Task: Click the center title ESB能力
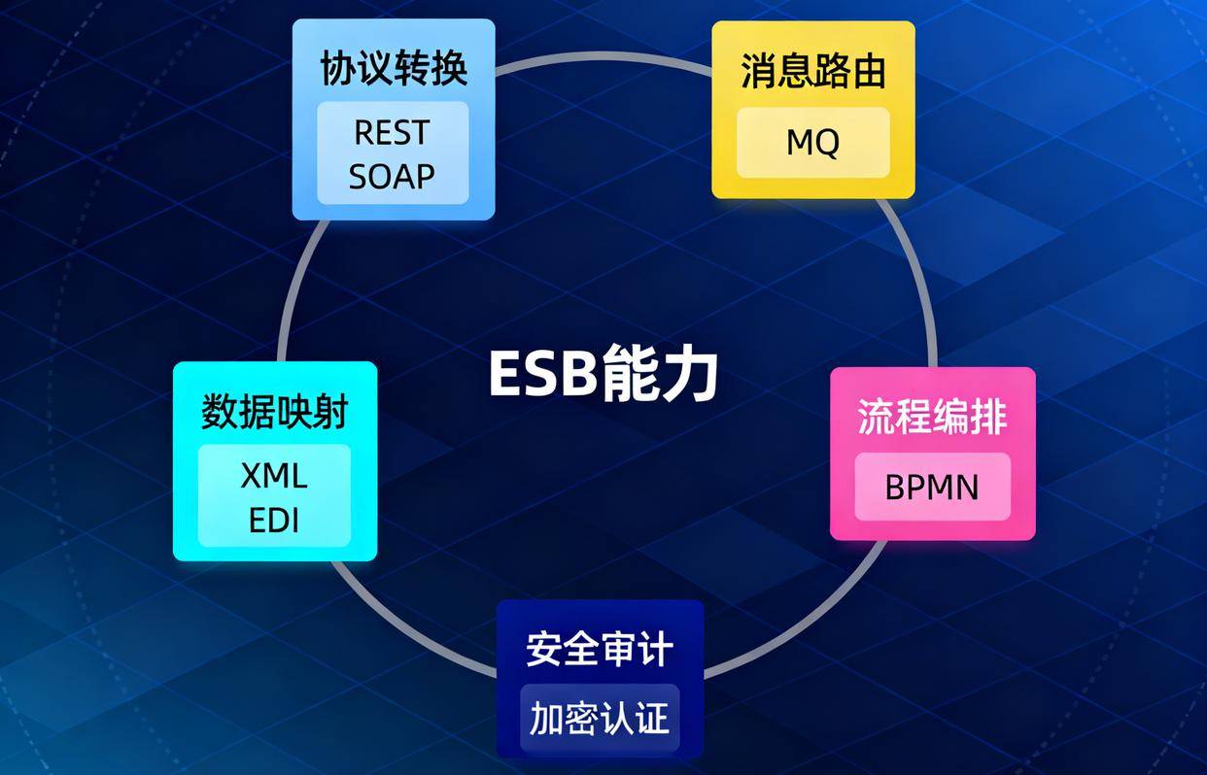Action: coord(603,374)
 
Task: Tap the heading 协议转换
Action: coord(394,69)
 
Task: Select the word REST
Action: coord(392,132)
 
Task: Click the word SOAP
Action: coord(392,177)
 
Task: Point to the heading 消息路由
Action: coord(812,72)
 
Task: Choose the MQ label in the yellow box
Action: coord(812,143)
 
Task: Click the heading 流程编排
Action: coord(932,417)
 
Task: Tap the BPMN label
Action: coord(932,487)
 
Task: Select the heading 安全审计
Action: coord(600,649)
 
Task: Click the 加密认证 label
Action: coord(600,719)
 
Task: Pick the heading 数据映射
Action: coord(274,413)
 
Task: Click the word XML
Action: coord(274,476)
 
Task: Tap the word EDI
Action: coord(274,521)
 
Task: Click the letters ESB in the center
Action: coord(541,375)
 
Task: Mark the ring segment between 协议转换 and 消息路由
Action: coord(603,54)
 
